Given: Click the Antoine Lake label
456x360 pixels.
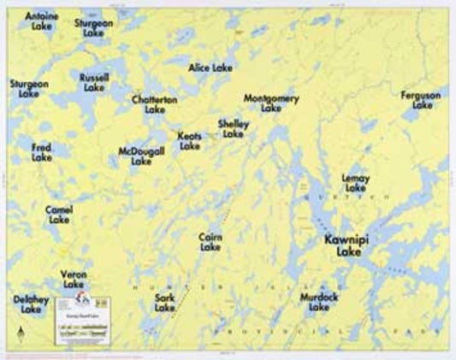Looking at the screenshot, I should [41, 21].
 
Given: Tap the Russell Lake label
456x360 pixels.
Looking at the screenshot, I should [94, 82].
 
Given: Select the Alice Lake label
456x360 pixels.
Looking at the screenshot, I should [210, 67].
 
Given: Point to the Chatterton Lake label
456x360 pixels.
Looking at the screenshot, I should [155, 104].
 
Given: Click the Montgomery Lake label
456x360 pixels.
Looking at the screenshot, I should [271, 103].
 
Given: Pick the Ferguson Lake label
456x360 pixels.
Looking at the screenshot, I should [421, 100].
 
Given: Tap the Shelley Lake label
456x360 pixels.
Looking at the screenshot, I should [233, 128].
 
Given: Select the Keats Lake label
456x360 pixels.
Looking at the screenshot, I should [190, 141].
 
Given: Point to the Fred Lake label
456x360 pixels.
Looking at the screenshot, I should [41, 152].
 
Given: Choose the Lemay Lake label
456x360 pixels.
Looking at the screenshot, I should [355, 182].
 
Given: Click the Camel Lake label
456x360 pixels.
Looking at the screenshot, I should [59, 214].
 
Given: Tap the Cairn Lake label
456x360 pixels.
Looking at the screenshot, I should [210, 242].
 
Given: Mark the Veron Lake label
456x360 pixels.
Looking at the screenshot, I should [74, 279].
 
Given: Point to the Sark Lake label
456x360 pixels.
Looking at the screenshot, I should [165, 302].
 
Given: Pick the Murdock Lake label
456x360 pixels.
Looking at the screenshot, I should [318, 301].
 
